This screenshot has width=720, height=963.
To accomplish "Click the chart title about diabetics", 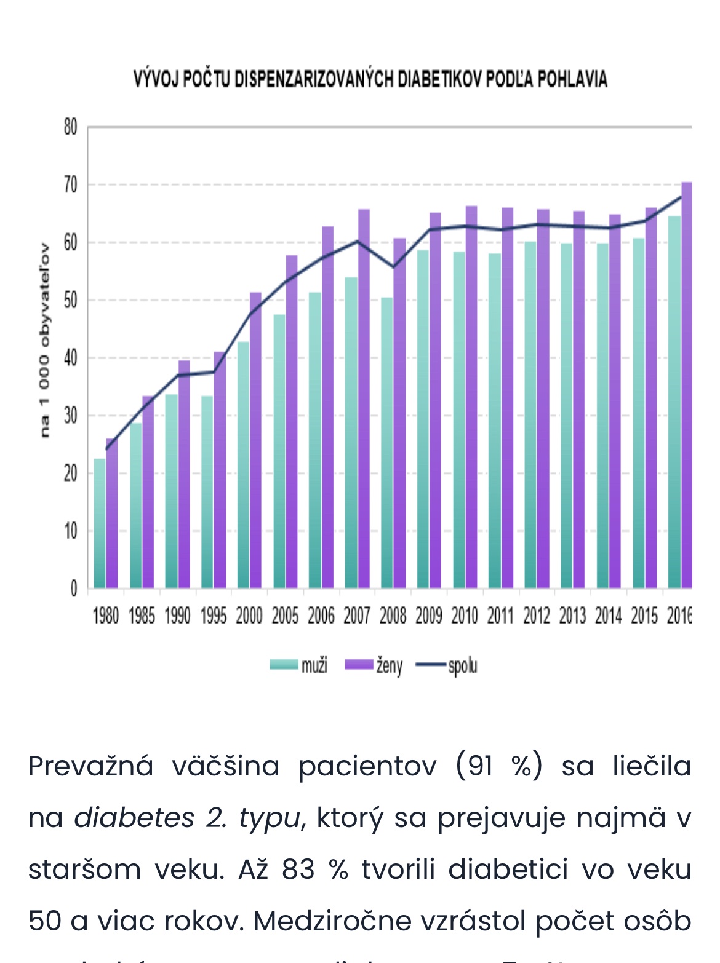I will pyautogui.click(x=370, y=79).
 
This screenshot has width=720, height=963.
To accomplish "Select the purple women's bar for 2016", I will pyautogui.click(x=687, y=387).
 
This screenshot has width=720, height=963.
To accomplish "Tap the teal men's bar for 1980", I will pyautogui.click(x=100, y=523).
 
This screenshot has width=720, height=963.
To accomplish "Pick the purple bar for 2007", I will pyautogui.click(x=364, y=400).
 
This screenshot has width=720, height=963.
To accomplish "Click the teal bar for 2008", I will pyautogui.click(x=387, y=443).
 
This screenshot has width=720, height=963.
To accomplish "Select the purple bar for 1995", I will pyautogui.click(x=220, y=470).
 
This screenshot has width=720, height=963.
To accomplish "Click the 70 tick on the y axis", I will pyautogui.click(x=71, y=184).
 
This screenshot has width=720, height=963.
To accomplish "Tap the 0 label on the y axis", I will pyautogui.click(x=73, y=588).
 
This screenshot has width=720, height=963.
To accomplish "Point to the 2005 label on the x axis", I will pyautogui.click(x=285, y=616).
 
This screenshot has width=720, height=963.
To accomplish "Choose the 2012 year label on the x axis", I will pyautogui.click(x=536, y=616).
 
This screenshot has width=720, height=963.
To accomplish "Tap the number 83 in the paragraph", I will pyautogui.click(x=298, y=870).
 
